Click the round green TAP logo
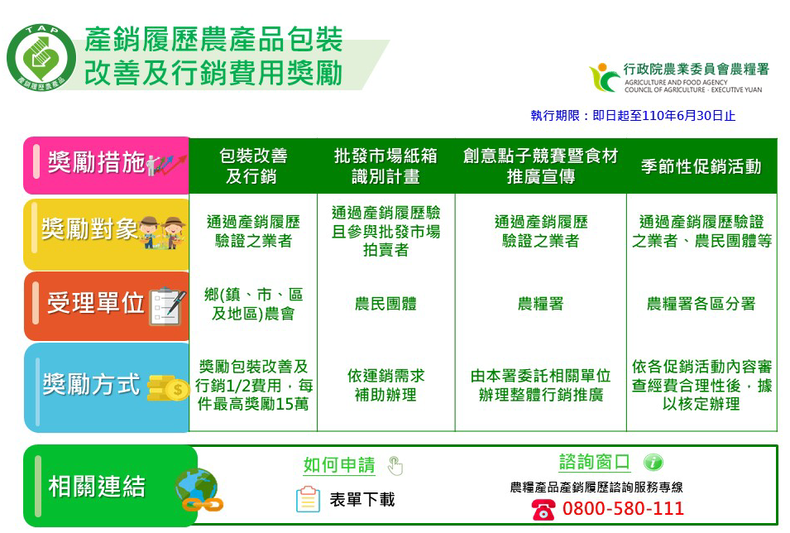point(41,58)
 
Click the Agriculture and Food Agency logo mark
point(604,77)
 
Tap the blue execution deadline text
point(633,116)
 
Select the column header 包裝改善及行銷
point(253,166)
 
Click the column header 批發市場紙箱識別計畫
point(385,166)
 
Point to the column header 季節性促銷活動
point(701,166)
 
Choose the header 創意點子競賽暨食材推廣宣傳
point(540,166)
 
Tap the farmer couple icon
point(162,233)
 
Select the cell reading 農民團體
point(385,304)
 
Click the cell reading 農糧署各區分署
point(701,304)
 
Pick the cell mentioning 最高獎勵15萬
point(253,385)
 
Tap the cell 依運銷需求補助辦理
point(385,385)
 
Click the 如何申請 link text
point(339,465)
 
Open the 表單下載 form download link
point(362,500)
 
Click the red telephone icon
point(543,509)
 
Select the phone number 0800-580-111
point(623,508)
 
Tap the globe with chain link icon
point(199,490)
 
